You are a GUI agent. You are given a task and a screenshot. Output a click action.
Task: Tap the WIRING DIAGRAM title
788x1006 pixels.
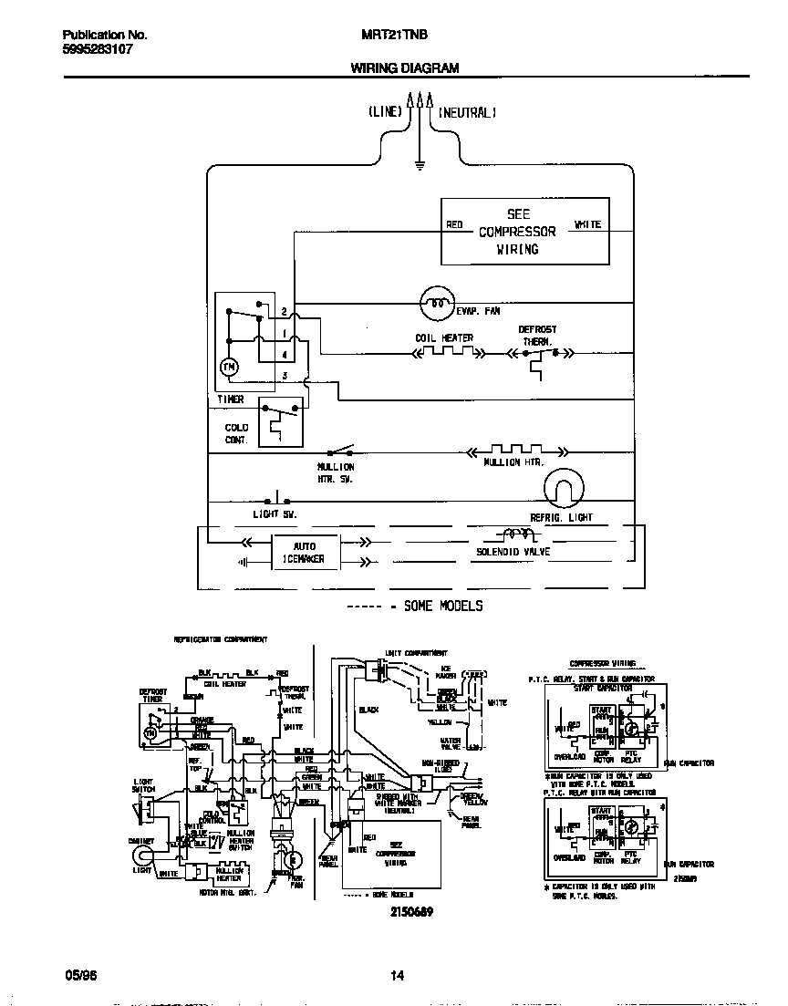coord(405,68)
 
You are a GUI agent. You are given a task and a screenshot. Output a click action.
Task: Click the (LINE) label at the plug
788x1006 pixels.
coord(385,113)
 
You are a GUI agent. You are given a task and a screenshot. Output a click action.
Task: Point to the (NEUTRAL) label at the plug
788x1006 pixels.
coord(467,113)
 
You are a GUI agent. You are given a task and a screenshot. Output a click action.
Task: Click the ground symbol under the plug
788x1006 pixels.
coord(419,165)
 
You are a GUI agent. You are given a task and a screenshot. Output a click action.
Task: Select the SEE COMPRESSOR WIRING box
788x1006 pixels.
coord(524,232)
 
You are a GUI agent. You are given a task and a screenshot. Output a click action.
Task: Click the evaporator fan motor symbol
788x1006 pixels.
coord(437,302)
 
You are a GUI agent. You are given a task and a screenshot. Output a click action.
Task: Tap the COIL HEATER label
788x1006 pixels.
coord(444,338)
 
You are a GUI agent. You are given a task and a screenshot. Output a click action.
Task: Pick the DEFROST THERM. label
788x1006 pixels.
coord(537,335)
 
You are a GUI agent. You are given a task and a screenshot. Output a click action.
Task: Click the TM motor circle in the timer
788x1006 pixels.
coord(229,367)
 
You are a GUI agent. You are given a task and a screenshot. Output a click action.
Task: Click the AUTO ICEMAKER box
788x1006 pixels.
coord(304,552)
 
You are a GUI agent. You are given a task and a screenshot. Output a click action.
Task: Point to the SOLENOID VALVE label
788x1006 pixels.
coord(513,552)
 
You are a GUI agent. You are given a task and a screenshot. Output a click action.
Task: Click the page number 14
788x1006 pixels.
coord(397,975)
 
